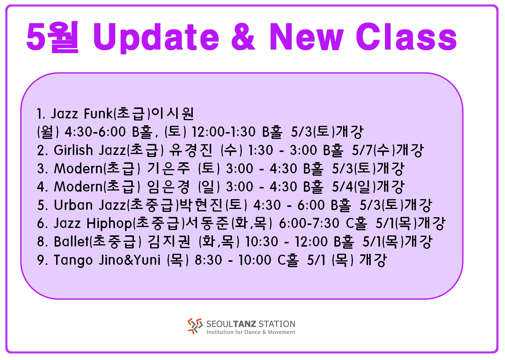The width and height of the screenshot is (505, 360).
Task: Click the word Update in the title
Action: [x=156, y=37]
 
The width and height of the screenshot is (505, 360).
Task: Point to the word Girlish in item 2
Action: [x=73, y=150]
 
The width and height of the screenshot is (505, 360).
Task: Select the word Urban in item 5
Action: [x=73, y=205]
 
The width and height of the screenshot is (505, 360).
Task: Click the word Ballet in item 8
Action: [x=72, y=242]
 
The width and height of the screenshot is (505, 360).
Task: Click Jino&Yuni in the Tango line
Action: [x=130, y=260]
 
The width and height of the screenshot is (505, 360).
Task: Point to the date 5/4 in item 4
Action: [x=342, y=187]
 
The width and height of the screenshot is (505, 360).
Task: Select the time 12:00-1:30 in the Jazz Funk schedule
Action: [x=223, y=131]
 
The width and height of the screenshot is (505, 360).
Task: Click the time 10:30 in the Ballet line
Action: [x=261, y=242]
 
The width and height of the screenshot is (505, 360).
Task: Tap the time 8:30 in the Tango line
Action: [x=208, y=260]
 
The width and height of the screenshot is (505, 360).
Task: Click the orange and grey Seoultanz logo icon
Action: [x=195, y=326]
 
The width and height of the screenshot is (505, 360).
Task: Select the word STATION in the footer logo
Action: [x=277, y=324]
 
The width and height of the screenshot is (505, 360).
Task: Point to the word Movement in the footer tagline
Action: [x=281, y=332]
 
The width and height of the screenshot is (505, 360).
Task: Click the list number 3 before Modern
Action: [x=41, y=168]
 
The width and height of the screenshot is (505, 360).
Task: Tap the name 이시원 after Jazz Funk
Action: [x=173, y=113]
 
